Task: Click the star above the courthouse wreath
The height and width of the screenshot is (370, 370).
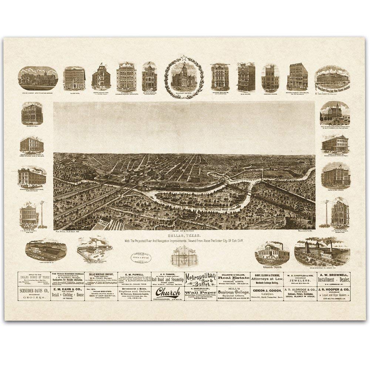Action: [x=184, y=57]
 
